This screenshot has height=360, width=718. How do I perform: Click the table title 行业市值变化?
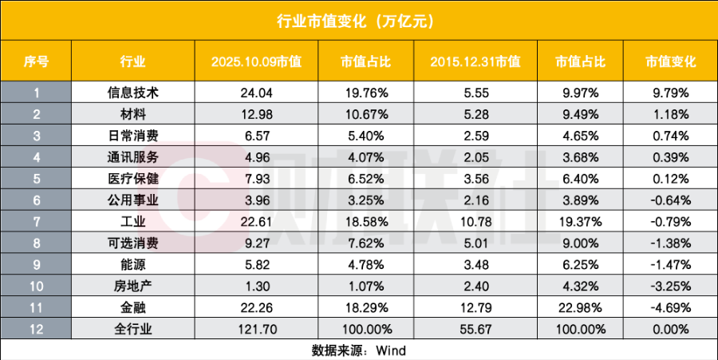[358, 20]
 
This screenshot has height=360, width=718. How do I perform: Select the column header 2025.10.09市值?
[256, 61]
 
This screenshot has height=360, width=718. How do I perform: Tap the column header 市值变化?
[669, 61]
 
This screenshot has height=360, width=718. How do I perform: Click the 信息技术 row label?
[132, 93]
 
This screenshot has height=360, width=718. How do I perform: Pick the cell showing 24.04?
[256, 93]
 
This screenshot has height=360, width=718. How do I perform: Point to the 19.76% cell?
[365, 93]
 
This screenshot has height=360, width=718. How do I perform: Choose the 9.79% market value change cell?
[669, 93]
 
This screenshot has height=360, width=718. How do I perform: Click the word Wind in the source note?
[391, 349]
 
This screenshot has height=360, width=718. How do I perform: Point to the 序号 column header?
[36, 61]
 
